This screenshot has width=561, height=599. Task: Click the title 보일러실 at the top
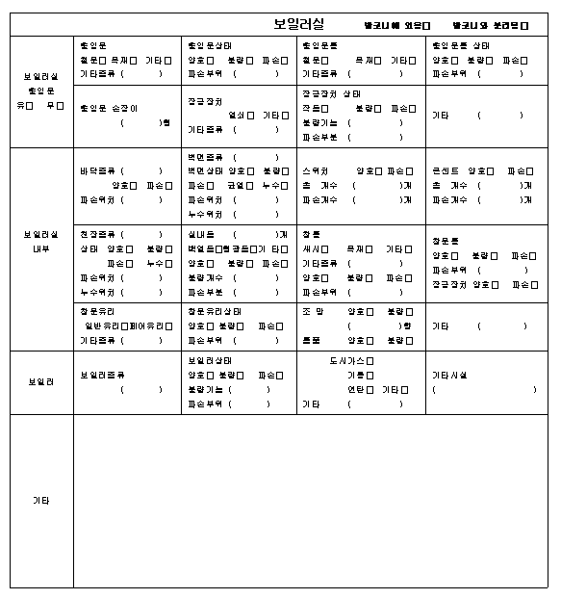[x=298, y=23]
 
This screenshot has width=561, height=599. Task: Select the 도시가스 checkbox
[x=370, y=361]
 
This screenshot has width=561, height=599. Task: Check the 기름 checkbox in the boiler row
[x=370, y=376]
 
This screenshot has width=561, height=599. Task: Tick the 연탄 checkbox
[x=370, y=390]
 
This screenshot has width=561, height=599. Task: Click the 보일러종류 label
[x=102, y=375]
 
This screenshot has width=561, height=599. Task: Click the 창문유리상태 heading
[x=215, y=312]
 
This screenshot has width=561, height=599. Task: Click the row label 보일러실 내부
[x=41, y=241]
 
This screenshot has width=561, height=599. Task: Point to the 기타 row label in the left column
[x=41, y=501]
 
